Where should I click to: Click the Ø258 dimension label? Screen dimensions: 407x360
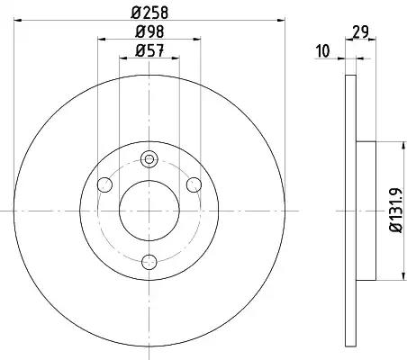coord(149,13)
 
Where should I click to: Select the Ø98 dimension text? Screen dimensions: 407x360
coord(149,31)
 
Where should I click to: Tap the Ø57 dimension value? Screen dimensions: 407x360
coord(149,50)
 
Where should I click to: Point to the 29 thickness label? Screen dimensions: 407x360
coord(360,31)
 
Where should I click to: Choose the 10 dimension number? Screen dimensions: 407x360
coord(323,51)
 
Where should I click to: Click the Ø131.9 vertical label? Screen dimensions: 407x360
coord(395,210)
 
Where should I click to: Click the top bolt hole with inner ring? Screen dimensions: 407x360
coord(149,159)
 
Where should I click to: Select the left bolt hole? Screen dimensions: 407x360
coord(104,184)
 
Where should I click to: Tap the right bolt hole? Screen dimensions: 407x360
coord(194,184)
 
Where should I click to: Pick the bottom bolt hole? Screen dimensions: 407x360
coord(149,262)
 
